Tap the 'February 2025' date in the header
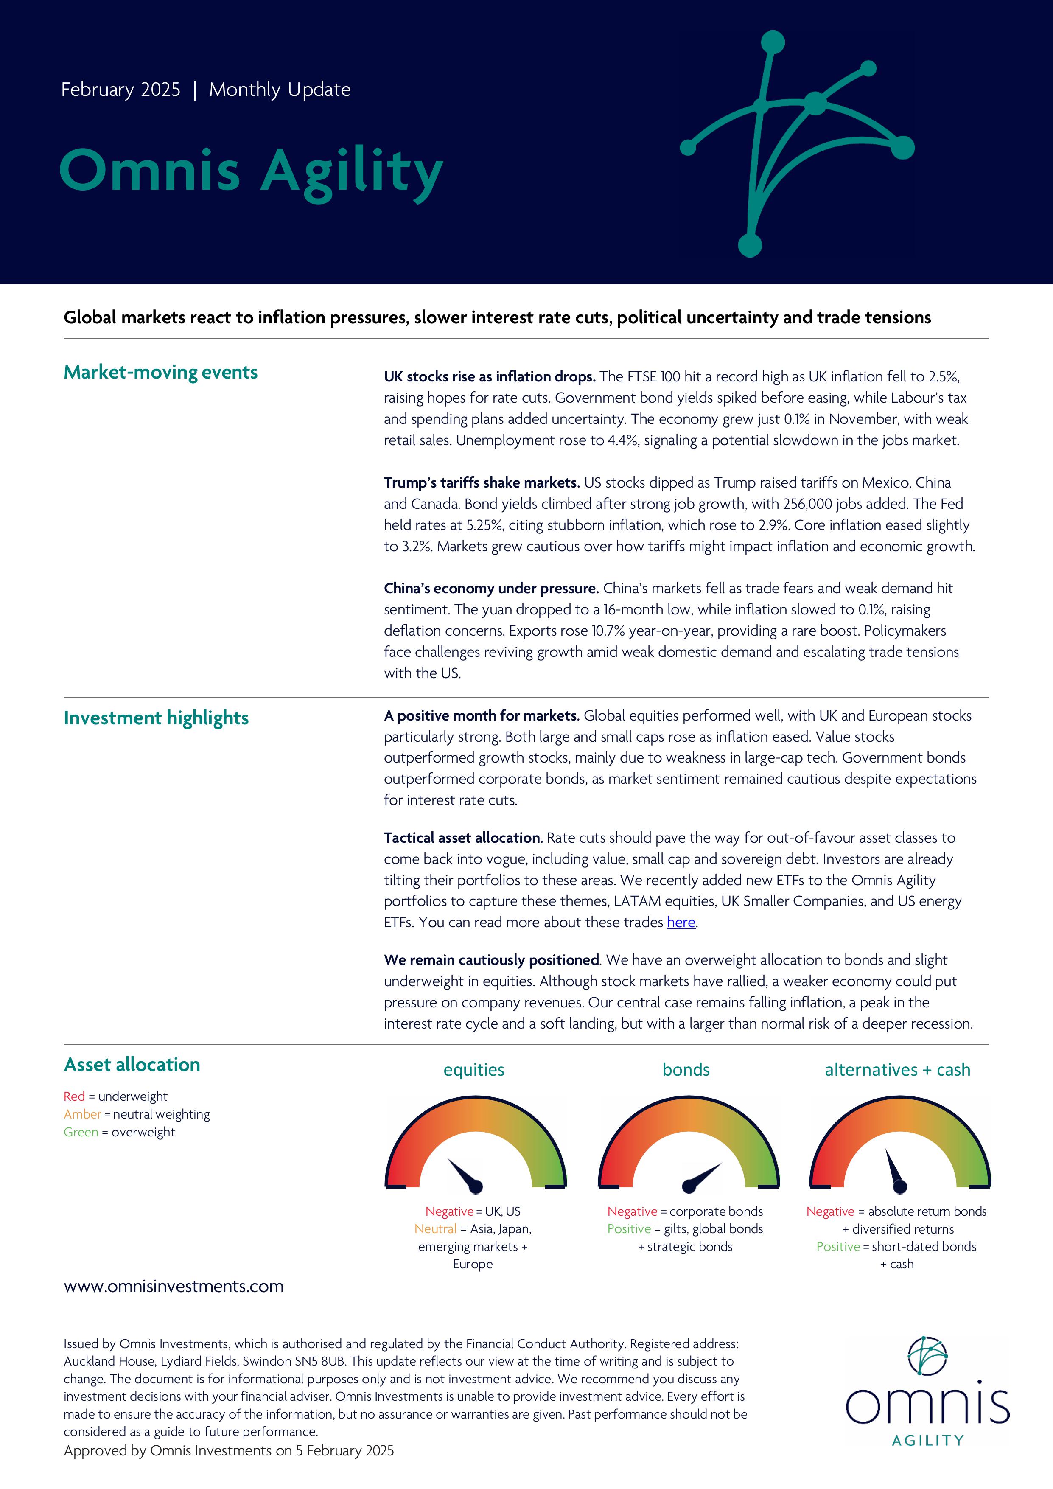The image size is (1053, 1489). (120, 90)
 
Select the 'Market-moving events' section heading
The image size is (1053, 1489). (160, 372)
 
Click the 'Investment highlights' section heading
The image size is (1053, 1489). (156, 718)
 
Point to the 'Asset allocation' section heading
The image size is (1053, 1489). (132, 1065)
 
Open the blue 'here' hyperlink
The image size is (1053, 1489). (681, 922)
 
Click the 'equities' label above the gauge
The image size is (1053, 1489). (473, 1070)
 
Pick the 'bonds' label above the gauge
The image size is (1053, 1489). (686, 1070)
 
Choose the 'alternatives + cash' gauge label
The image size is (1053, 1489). (897, 1070)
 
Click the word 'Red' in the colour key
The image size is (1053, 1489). (74, 1096)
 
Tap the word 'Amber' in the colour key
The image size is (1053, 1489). (82, 1114)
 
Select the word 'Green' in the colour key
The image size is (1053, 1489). (81, 1132)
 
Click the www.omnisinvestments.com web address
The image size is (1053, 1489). (173, 1287)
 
